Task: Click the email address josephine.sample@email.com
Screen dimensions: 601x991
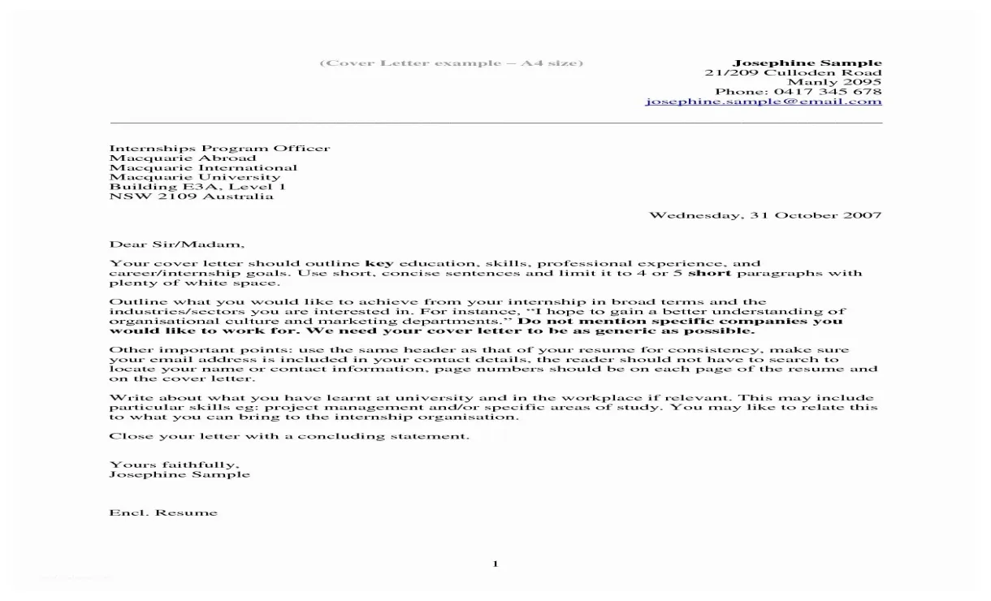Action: click(764, 102)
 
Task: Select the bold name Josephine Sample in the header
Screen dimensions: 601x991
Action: click(807, 63)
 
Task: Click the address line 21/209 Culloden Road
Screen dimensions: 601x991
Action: click(793, 72)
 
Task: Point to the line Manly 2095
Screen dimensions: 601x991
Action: click(834, 82)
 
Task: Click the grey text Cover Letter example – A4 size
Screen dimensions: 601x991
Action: click(451, 63)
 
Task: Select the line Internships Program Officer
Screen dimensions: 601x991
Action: click(219, 148)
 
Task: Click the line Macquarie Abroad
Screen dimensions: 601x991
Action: click(183, 158)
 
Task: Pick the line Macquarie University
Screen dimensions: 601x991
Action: click(195, 177)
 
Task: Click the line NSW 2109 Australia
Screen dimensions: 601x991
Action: click(192, 197)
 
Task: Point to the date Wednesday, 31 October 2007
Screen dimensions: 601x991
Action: click(765, 215)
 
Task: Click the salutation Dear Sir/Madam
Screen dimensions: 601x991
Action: click(176, 244)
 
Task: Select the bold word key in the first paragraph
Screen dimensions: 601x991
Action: click(379, 264)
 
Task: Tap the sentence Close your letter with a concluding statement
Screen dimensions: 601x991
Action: click(289, 436)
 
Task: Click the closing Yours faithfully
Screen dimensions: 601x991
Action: click(174, 465)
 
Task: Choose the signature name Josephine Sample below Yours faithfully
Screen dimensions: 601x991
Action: click(180, 474)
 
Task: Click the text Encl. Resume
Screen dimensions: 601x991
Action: click(163, 512)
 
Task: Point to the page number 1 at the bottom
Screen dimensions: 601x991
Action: click(495, 564)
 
